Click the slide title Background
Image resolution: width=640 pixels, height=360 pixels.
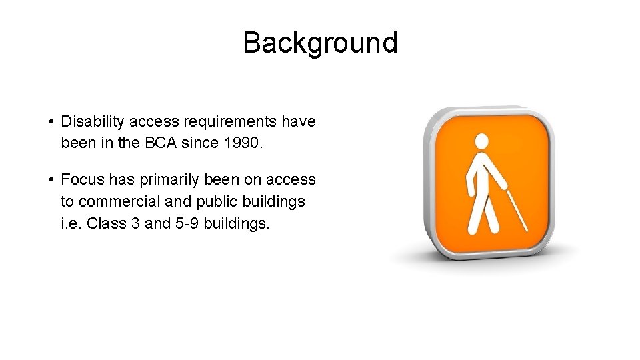[x=320, y=43]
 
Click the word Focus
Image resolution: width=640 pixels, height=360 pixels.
[x=81, y=180]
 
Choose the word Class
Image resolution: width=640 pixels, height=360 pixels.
[x=107, y=223]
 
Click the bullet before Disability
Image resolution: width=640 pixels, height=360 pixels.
[x=51, y=122]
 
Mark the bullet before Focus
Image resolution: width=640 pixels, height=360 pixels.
[x=51, y=180]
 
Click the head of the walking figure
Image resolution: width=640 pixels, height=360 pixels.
[x=481, y=141]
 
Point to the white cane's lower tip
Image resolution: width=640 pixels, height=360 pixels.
[x=527, y=230]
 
